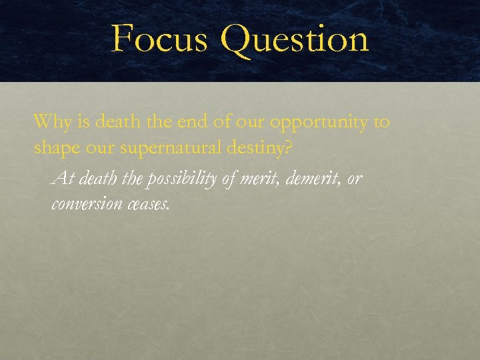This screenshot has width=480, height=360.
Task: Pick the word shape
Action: [54, 148]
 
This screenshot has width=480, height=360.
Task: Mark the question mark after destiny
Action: [287, 147]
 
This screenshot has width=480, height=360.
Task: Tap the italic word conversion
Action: [85, 203]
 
